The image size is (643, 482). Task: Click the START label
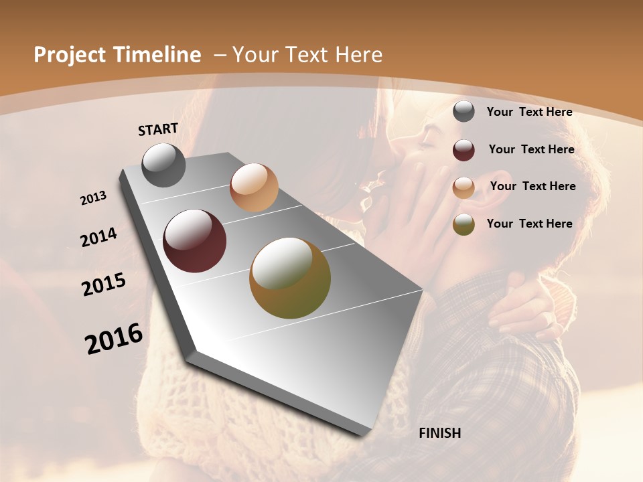click(x=158, y=129)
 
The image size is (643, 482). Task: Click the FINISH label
click(x=439, y=433)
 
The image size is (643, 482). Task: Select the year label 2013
click(x=93, y=198)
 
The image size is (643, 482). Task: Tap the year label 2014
click(x=98, y=238)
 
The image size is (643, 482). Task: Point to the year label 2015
click(x=104, y=285)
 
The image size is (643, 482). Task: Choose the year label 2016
click(x=114, y=339)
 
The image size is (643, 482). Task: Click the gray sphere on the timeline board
click(x=163, y=165)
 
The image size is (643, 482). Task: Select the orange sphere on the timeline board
click(x=254, y=187)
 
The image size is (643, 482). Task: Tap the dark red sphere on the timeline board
click(x=195, y=241)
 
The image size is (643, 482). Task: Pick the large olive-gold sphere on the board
click(x=290, y=278)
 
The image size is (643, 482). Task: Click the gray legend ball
click(x=463, y=111)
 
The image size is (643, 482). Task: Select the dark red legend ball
click(x=463, y=149)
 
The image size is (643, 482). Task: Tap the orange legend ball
click(x=463, y=187)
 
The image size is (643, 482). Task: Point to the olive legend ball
click(x=463, y=224)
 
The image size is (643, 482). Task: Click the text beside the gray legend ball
click(x=529, y=112)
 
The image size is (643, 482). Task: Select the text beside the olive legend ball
click(x=529, y=224)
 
